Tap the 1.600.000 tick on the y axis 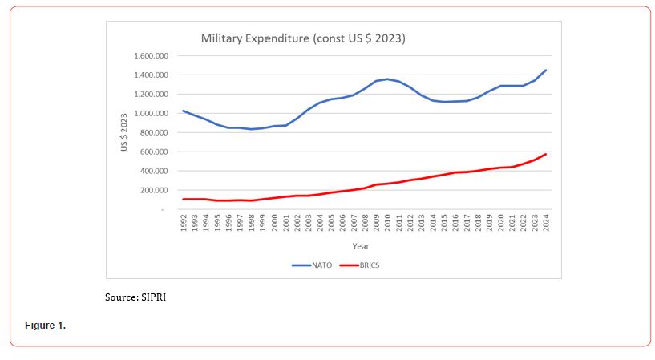(x=151, y=56)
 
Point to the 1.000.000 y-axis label (x=151, y=114)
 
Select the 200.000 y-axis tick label (x=152, y=191)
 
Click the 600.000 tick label (x=152, y=152)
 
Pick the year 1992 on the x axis (x=183, y=223)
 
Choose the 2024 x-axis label (x=546, y=223)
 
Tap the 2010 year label (x=387, y=223)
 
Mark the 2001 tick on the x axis (x=285, y=223)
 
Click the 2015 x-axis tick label (x=444, y=223)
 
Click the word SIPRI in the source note (x=154, y=297)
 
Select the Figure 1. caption (x=46, y=326)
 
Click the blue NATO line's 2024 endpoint (x=546, y=70)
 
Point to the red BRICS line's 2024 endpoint (x=546, y=154)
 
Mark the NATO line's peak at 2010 (x=387, y=79)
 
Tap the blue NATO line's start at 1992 (x=183, y=111)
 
